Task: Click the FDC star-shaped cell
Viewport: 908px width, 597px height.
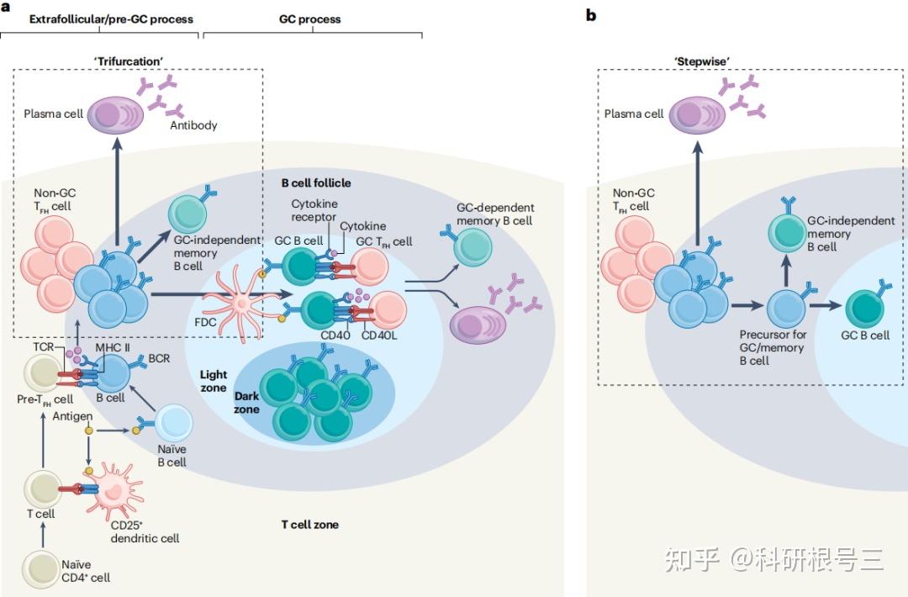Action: pos(241,302)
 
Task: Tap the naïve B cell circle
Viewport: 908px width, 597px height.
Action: pos(173,423)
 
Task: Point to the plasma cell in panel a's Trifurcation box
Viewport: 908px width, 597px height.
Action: pos(116,114)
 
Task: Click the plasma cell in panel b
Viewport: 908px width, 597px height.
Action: pos(697,114)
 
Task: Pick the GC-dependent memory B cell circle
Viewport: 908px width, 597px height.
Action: pos(472,247)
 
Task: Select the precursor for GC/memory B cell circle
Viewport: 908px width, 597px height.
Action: pos(786,309)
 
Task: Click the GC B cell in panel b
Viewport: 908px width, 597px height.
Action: pos(865,309)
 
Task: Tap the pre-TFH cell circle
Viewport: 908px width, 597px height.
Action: pos(43,373)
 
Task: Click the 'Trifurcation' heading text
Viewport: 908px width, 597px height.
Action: pos(128,61)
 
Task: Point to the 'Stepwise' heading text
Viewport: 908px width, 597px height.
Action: pos(702,61)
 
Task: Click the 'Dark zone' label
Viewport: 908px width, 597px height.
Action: pos(246,403)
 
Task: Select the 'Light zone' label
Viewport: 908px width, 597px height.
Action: pos(214,381)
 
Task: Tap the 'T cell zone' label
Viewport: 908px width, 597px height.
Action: pos(309,525)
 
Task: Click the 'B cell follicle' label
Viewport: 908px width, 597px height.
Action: pos(316,183)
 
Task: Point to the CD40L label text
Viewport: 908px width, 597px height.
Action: pos(379,335)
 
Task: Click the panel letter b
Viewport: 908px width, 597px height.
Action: pos(591,15)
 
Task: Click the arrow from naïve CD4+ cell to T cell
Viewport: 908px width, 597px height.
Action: pos(42,535)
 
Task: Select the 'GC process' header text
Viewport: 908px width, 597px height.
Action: pos(309,19)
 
